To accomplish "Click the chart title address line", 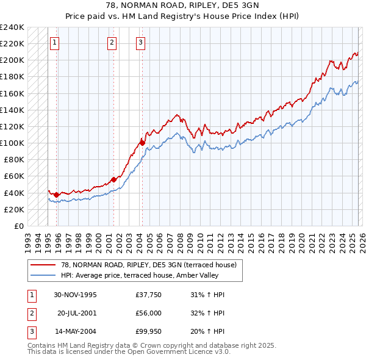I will pos(182,4).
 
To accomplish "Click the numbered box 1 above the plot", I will pos(55,42).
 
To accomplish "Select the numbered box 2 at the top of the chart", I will pos(113,42).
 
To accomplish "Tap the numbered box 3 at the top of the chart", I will pos(141,42).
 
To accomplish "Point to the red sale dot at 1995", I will pos(56,195).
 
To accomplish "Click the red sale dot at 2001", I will pos(113,179).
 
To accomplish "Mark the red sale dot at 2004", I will pos(142,143).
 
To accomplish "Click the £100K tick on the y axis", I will pos(12,143).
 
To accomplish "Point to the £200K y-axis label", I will pos(12,60).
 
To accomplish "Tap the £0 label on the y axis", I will pos(18,226).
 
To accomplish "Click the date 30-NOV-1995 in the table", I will pos(75,295).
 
